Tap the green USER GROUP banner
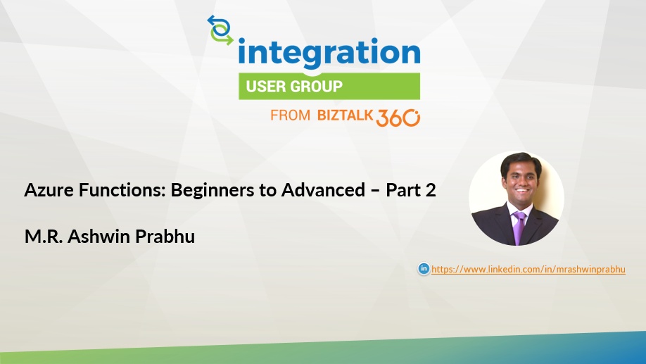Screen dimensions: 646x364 329,86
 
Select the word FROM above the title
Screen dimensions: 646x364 290,115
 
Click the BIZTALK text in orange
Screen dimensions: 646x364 346,115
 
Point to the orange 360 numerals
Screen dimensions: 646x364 398,118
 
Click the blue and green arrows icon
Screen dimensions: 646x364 220,30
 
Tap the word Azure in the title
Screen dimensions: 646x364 49,190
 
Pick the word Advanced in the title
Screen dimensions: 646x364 324,190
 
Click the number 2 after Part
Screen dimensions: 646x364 431,191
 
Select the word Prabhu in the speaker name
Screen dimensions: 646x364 165,237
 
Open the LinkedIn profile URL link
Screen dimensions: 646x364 528,269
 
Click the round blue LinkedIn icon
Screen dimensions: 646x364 424,268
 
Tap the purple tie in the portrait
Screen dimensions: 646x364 519,227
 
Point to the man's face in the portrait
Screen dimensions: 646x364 521,182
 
